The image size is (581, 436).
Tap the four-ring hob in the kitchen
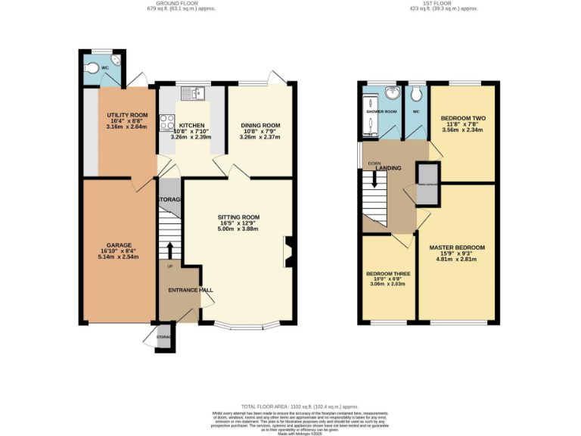click(x=166, y=121)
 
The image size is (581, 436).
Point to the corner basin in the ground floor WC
click(x=115, y=61)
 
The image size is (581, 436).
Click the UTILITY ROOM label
click(x=120, y=113)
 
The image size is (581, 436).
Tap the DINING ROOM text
click(x=260, y=125)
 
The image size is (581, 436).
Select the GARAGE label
click(x=119, y=245)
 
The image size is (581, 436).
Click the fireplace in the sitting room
click(x=288, y=252)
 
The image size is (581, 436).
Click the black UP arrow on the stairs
click(x=169, y=251)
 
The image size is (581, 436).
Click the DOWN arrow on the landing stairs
click(x=373, y=180)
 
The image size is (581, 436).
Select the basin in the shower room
click(x=393, y=94)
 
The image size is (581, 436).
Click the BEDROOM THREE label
click(x=388, y=274)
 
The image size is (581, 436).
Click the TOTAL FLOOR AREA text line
click(x=290, y=407)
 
